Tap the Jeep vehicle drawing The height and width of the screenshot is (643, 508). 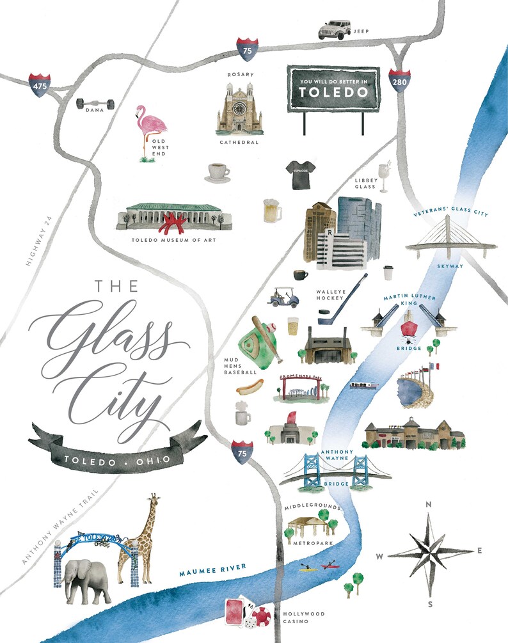click(x=335, y=29)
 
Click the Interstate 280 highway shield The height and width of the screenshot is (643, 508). click(x=399, y=82)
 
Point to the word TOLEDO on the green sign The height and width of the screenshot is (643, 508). click(x=333, y=91)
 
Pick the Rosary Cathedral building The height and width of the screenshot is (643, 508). click(x=239, y=108)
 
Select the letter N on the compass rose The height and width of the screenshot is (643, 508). click(x=429, y=505)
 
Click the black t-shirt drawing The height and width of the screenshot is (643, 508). click(x=300, y=175)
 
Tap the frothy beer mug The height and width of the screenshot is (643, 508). click(x=273, y=210)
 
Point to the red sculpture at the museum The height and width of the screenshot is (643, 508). click(x=173, y=223)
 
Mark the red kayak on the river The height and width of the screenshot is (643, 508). click(x=330, y=565)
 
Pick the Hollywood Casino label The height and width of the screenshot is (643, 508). click(x=304, y=617)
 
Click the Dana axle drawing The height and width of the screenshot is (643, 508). click(x=95, y=103)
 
